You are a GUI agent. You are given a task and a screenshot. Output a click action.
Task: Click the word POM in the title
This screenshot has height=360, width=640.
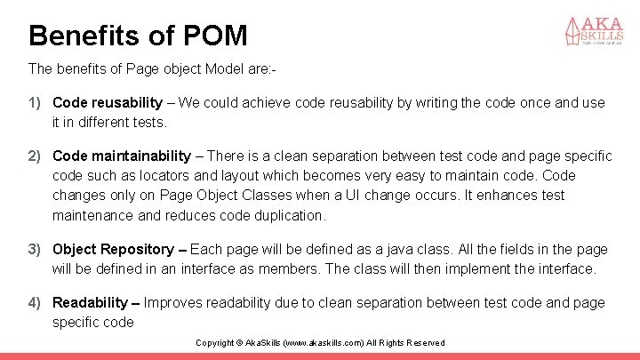(215, 36)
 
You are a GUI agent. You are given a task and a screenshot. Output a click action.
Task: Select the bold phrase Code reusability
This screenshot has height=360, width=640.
(108, 103)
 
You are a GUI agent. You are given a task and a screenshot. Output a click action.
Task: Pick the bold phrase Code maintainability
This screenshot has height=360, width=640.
(122, 156)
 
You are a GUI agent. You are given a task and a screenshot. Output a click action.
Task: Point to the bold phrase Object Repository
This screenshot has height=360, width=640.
(113, 249)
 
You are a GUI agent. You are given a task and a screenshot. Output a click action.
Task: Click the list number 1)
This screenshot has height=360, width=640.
(35, 103)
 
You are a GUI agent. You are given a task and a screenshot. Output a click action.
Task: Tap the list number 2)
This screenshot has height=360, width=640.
(35, 156)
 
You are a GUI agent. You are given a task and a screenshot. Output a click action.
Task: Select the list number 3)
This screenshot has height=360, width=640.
(35, 249)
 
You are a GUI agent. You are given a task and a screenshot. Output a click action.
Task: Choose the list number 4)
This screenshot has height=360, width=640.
(35, 302)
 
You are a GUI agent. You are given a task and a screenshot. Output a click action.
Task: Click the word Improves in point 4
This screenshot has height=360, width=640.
(172, 302)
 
